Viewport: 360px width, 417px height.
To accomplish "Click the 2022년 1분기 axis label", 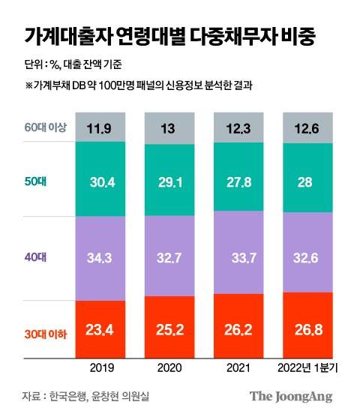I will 308,368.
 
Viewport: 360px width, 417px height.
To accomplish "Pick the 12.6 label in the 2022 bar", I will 308,127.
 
